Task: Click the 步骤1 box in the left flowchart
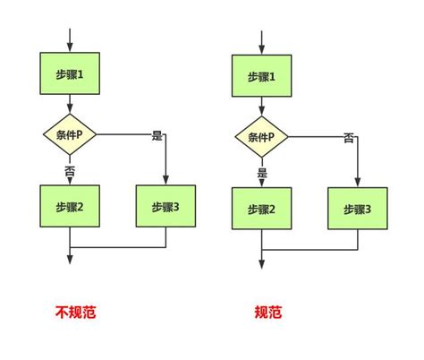69,74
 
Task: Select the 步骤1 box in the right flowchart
261,77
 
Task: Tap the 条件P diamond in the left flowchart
69,135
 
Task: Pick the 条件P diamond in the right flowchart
261,138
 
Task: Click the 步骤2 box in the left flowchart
69,207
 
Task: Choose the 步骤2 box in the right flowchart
261,210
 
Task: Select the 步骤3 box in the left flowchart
165,207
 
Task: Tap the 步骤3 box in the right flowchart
358,210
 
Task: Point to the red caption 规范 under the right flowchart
267,313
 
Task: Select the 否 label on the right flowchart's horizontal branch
349,138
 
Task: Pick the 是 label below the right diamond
262,171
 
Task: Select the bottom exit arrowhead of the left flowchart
69,261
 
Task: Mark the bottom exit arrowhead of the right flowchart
261,263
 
